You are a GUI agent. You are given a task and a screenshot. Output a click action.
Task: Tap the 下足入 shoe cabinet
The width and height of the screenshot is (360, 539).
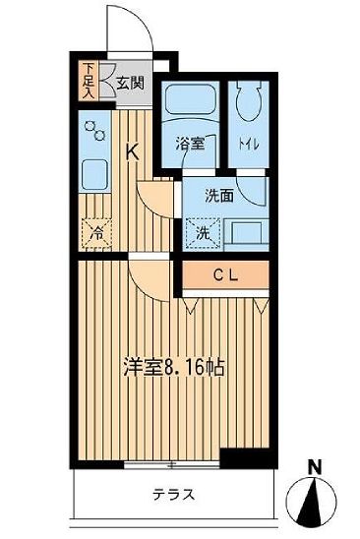click(x=88, y=82)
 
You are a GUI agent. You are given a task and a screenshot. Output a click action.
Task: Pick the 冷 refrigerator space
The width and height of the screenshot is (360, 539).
click(x=96, y=234)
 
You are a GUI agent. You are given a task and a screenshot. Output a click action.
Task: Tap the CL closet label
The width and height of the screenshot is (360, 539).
click(x=224, y=275)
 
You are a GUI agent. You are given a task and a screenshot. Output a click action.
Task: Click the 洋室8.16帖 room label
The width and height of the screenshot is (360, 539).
click(x=171, y=368)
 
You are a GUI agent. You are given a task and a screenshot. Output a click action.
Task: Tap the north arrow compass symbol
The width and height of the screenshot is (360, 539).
click(x=313, y=502)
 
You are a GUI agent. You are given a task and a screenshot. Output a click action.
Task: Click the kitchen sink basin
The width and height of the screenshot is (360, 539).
click(x=95, y=176)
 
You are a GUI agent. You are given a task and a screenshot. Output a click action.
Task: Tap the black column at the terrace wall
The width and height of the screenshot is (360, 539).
click(x=236, y=458)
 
